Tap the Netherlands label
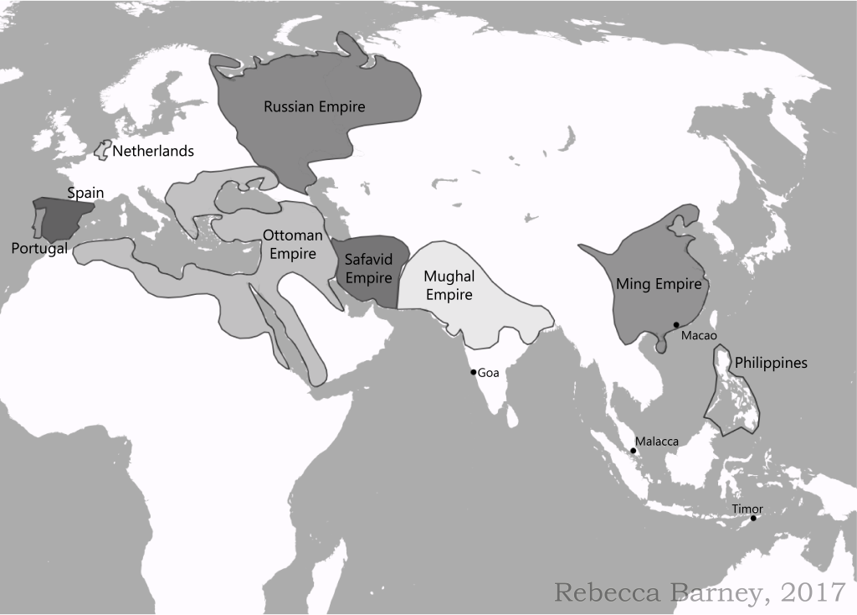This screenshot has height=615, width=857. point(153,152)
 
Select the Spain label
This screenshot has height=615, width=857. point(85,193)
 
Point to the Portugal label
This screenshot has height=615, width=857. point(39,249)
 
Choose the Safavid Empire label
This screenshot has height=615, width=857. point(369,269)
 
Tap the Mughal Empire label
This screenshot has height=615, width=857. point(449,285)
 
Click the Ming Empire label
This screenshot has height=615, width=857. point(658,284)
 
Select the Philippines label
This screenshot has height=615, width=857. point(771,363)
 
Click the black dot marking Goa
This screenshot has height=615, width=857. point(473,372)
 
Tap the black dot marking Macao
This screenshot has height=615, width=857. point(676,324)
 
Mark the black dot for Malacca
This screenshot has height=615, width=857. point(634,451)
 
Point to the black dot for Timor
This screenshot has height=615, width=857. point(753,518)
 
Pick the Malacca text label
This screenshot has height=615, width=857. point(656,441)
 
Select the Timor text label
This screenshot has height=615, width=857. point(747,508)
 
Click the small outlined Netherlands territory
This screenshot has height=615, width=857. point(102,151)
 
